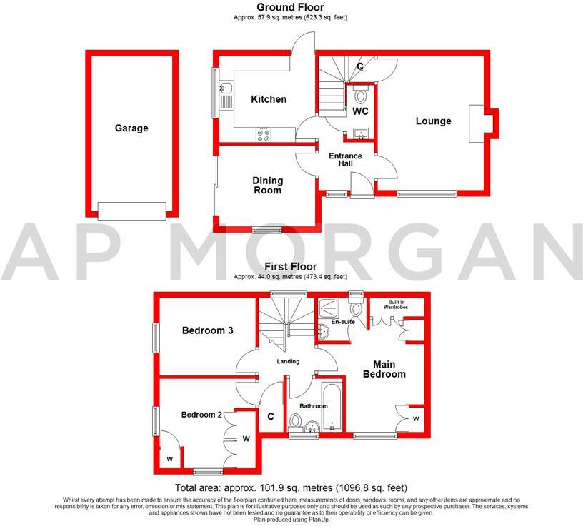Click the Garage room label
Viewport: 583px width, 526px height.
(131, 128)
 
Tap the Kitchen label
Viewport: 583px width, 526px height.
(268, 99)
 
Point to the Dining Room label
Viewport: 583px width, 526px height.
(267, 186)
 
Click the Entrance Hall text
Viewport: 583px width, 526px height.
(345, 160)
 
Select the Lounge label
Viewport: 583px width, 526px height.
(434, 121)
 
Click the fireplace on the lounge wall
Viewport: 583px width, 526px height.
(480, 121)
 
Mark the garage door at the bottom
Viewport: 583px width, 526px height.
(131, 210)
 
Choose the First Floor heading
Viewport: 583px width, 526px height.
(291, 267)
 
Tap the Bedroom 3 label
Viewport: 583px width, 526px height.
(208, 330)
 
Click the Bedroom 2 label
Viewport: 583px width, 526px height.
(201, 415)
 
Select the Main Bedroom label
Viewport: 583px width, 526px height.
(384, 369)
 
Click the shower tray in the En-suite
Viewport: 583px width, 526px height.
(330, 309)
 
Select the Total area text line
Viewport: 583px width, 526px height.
(291, 487)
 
